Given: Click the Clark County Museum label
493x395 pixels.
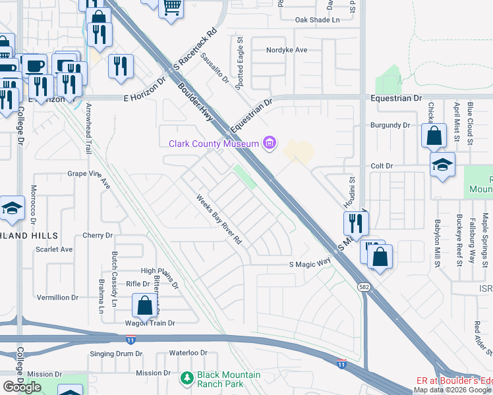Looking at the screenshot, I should tap(214, 144).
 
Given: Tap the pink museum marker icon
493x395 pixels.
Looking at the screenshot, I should tap(269, 143).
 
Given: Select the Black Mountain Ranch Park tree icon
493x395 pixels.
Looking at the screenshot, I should tap(187, 379).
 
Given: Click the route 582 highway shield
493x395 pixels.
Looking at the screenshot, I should tap(363, 287).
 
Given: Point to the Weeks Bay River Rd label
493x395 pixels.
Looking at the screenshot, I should tap(219, 219).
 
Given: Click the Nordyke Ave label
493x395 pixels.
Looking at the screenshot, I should tap(287, 50).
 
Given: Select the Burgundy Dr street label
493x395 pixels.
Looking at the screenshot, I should tap(390, 125).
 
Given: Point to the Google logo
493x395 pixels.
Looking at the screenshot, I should tap(22, 387).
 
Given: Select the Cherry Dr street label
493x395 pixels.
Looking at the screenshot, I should tap(98, 235).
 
